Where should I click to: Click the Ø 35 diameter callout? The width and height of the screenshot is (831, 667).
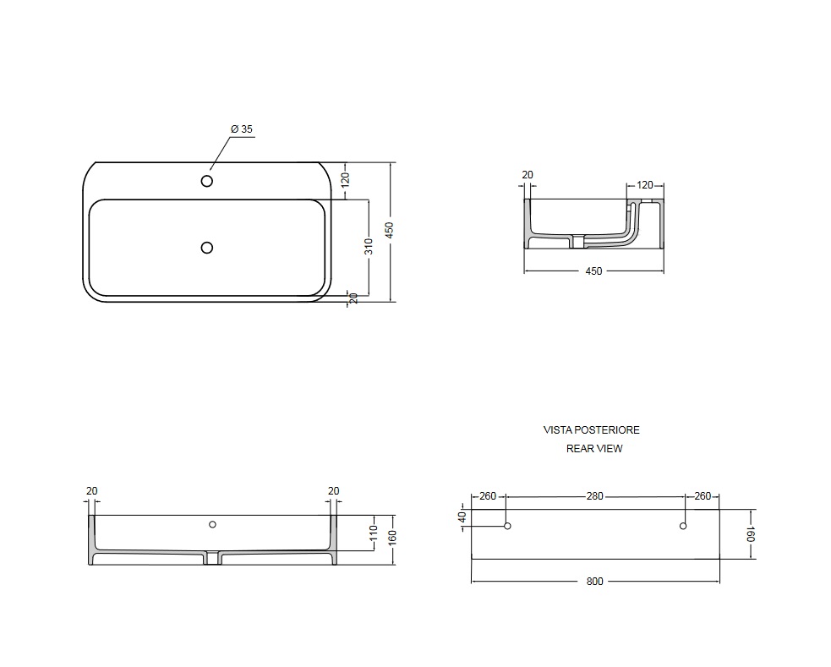[x=242, y=128]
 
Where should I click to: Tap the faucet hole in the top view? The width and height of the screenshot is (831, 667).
[x=206, y=181]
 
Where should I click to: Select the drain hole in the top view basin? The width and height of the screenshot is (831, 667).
[x=206, y=248]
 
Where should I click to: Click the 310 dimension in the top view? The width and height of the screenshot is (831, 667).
[x=369, y=246]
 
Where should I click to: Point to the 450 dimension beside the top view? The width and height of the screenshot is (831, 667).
[x=389, y=230]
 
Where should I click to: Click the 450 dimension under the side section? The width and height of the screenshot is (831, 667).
[x=593, y=271]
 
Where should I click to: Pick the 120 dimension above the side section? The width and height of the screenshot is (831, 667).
[x=644, y=185]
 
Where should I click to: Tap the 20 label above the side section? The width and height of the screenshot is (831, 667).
[x=528, y=175]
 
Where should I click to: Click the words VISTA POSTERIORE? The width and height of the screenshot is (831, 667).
[x=592, y=430]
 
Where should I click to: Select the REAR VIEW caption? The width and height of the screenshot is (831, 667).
[x=594, y=449]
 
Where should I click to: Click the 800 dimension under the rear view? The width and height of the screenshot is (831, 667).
[x=594, y=581]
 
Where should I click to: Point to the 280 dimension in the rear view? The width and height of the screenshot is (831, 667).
[x=594, y=496]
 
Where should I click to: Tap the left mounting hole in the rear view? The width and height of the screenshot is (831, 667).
[x=507, y=526]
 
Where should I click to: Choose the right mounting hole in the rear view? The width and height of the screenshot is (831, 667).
[x=683, y=526]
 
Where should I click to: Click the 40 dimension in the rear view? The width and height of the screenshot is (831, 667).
[x=462, y=517]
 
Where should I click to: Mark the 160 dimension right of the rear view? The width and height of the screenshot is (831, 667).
[x=751, y=534]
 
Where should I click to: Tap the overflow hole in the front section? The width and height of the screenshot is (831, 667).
[x=212, y=524]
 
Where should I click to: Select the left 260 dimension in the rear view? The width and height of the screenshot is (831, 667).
[x=488, y=496]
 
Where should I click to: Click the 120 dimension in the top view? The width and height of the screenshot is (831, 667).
[x=345, y=179]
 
